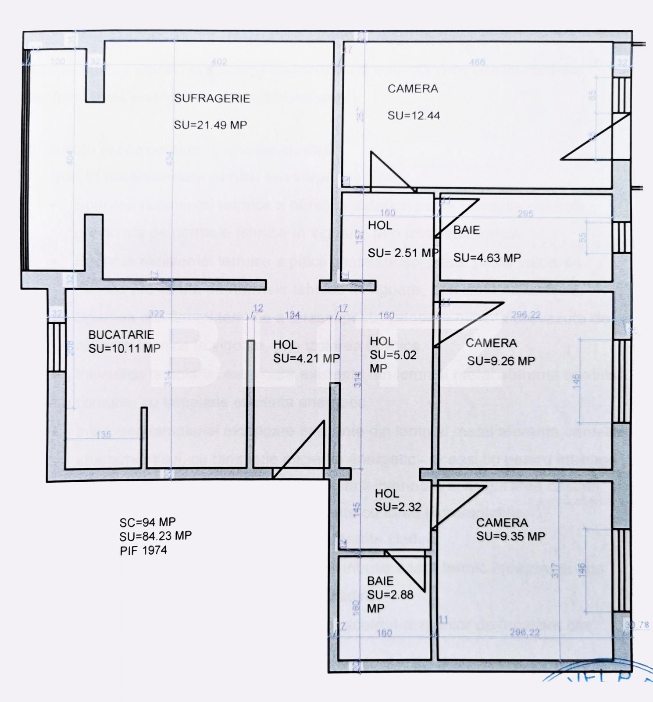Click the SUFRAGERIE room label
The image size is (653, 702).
point(212,98)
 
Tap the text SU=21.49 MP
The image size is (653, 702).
point(211,125)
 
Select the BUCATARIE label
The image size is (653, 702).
point(121,335)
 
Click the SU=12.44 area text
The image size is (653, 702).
point(414,116)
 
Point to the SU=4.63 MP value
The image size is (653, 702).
point(487,258)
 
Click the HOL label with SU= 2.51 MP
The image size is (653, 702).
point(380,226)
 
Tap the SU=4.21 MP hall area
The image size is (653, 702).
point(307,358)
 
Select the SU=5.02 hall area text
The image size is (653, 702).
point(393,355)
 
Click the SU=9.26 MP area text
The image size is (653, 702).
point(501,361)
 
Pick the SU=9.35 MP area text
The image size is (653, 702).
point(510,536)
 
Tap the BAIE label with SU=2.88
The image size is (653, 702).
point(380,581)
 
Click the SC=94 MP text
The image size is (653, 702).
point(147,522)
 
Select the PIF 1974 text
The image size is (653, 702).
point(143,550)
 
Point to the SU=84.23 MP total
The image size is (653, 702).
point(155,536)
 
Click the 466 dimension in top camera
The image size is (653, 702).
point(477,62)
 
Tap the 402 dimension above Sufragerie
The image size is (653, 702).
point(219,62)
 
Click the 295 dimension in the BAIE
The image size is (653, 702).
point(525,214)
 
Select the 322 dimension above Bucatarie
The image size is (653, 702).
point(156,314)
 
